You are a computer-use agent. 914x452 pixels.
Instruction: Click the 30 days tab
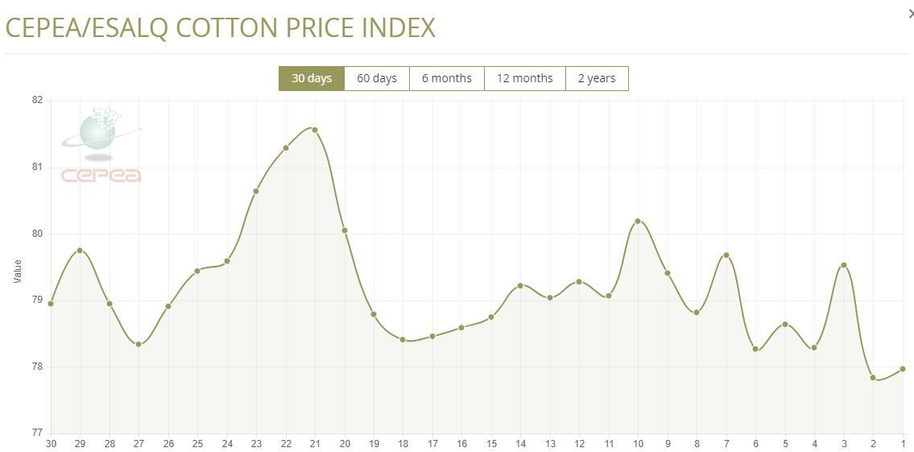click(312, 78)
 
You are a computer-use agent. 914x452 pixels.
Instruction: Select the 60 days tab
click(377, 78)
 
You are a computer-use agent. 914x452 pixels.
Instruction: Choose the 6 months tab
click(446, 78)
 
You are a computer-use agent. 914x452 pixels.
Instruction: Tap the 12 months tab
click(524, 78)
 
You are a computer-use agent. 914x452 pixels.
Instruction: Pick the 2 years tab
click(597, 78)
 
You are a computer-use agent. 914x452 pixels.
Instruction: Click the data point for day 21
click(315, 130)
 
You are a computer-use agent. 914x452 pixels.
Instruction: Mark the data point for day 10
click(638, 221)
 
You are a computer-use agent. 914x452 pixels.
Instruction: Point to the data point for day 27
click(139, 344)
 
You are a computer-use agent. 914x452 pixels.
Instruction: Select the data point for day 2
click(873, 377)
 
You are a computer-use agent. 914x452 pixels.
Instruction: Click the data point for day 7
click(726, 255)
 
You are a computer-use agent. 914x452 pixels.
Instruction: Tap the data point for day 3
click(844, 265)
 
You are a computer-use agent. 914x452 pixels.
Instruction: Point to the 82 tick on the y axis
click(37, 101)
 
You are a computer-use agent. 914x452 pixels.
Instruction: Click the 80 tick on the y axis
click(37, 234)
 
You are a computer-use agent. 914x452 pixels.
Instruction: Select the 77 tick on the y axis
click(37, 433)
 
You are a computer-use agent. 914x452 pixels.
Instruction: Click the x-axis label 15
click(491, 444)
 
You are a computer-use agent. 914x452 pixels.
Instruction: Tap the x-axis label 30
click(51, 444)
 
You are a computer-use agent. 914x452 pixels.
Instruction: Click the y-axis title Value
click(18, 271)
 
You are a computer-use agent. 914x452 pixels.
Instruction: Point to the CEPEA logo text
click(101, 176)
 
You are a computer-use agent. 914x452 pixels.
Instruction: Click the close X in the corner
click(910, 14)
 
